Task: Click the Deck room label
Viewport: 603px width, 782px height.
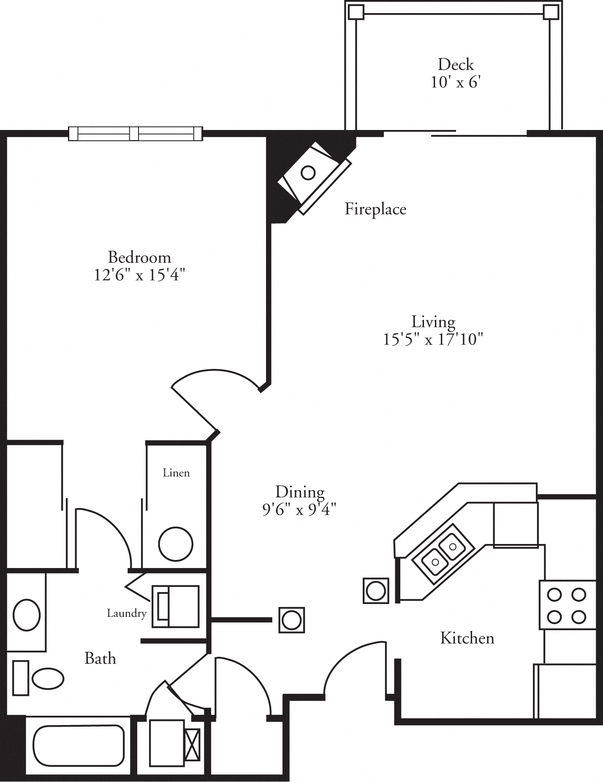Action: click(x=456, y=65)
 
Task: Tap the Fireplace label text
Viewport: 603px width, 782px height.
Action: click(x=375, y=209)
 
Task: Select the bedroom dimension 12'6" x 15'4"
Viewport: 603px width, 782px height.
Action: click(x=139, y=275)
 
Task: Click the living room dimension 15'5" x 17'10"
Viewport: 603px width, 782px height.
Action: click(x=433, y=339)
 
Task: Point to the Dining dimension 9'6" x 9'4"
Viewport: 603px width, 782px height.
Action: click(x=299, y=510)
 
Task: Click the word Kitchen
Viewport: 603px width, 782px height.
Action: click(x=467, y=638)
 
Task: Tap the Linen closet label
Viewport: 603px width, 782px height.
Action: click(x=176, y=473)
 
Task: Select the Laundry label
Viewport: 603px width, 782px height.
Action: click(x=126, y=613)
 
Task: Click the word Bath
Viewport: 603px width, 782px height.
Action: click(x=100, y=658)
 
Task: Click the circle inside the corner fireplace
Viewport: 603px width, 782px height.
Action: click(x=308, y=173)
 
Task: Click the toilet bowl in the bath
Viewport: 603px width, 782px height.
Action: click(x=48, y=678)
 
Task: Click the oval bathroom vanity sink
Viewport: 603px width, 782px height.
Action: click(x=27, y=615)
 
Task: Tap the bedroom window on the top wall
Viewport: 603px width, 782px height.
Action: click(x=136, y=133)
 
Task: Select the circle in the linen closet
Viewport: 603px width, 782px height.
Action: click(x=176, y=544)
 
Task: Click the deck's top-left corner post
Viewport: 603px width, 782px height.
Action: click(x=356, y=12)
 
